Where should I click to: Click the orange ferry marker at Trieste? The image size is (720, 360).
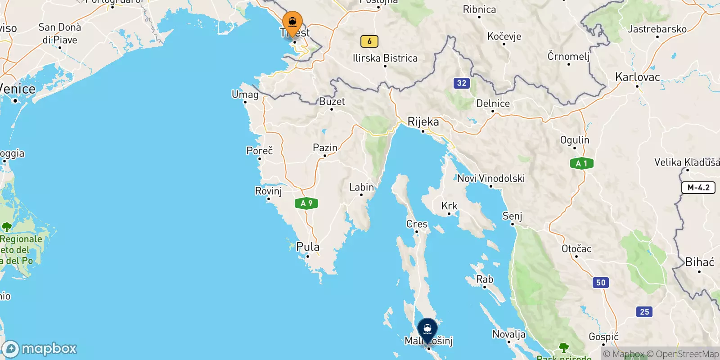pyautogui.click(x=292, y=23)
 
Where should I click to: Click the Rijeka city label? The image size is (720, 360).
pyautogui.click(x=423, y=121)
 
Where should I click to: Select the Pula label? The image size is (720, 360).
pyautogui.click(x=308, y=247)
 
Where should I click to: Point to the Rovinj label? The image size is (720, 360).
pyautogui.click(x=268, y=191)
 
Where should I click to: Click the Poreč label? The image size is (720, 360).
pyautogui.click(x=260, y=151)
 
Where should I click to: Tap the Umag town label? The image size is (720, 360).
pyautogui.click(x=245, y=94)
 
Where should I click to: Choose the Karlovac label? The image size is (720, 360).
pyautogui.click(x=637, y=77)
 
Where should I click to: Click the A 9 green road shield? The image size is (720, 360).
pyautogui.click(x=306, y=203)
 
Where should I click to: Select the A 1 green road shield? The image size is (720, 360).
pyautogui.click(x=581, y=163)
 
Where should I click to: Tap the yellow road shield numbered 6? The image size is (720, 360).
pyautogui.click(x=369, y=41)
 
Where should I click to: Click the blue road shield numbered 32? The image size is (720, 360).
pyautogui.click(x=462, y=83)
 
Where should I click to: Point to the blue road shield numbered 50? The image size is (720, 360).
pyautogui.click(x=601, y=283)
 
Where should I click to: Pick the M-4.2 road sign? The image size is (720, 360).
pyautogui.click(x=698, y=188)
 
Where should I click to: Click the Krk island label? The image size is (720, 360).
pyautogui.click(x=449, y=206)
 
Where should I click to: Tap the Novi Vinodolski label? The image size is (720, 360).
pyautogui.click(x=491, y=179)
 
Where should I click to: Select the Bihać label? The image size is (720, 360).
pyautogui.click(x=699, y=262)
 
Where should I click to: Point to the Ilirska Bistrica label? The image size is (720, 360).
pyautogui.click(x=385, y=58)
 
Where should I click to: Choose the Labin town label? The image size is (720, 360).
pyautogui.click(x=361, y=187)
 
